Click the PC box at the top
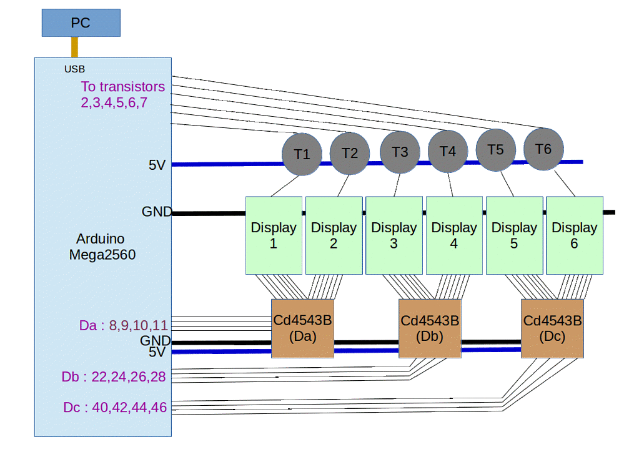click(x=81, y=23)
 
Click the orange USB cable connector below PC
click(x=74, y=47)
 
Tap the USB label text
click(x=74, y=69)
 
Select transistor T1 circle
click(x=302, y=154)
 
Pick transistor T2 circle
click(x=350, y=154)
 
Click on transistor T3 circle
click(x=400, y=152)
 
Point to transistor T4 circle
click(x=448, y=151)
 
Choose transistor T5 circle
click(x=495, y=150)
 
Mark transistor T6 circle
click(x=543, y=149)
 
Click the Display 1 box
click(x=274, y=235)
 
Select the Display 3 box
click(x=394, y=235)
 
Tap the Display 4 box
click(x=454, y=235)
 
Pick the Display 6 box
click(x=575, y=235)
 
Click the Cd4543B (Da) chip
click(x=302, y=328)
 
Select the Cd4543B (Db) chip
click(x=430, y=328)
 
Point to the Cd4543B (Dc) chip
click(x=552, y=328)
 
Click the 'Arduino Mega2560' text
click(x=102, y=247)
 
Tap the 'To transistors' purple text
click(x=122, y=87)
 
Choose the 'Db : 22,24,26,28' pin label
click(x=114, y=377)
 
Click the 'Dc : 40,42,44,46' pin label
click(x=115, y=408)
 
